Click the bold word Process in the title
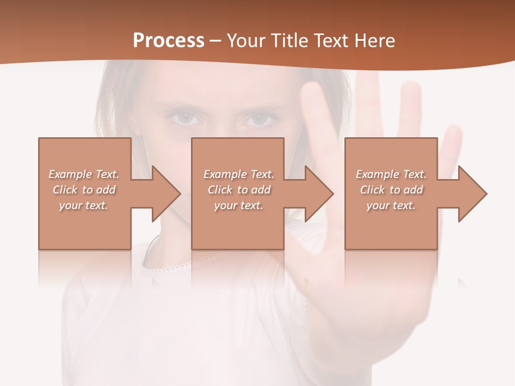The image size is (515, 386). pyautogui.click(x=168, y=41)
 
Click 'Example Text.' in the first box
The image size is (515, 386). pyautogui.click(x=84, y=174)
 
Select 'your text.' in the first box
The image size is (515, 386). pyautogui.click(x=84, y=205)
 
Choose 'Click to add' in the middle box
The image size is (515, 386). pyautogui.click(x=239, y=190)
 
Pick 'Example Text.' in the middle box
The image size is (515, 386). pyautogui.click(x=239, y=174)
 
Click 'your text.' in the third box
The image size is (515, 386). pyautogui.click(x=391, y=205)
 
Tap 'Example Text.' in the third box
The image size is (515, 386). pyautogui.click(x=391, y=174)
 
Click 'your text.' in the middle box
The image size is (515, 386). pyautogui.click(x=239, y=205)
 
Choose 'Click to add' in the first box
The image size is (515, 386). pyautogui.click(x=84, y=190)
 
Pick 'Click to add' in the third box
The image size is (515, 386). pyautogui.click(x=391, y=190)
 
